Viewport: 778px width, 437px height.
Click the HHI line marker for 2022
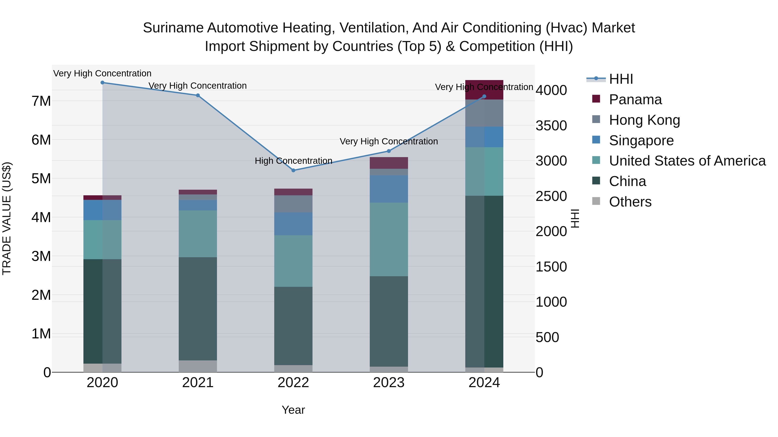tap(293, 170)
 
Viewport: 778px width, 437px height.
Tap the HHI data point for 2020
tap(102, 83)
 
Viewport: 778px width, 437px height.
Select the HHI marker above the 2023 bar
tap(389, 151)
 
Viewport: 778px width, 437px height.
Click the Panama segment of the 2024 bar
tap(484, 90)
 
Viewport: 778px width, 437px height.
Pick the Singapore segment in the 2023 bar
tap(389, 189)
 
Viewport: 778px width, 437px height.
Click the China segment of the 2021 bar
tap(198, 309)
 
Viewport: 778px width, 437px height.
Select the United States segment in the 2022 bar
tap(293, 261)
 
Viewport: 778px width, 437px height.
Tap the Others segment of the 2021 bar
tap(198, 366)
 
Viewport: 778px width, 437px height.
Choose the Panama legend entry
tap(635, 99)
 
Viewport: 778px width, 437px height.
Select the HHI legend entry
tap(621, 79)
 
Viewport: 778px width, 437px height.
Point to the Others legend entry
tap(630, 202)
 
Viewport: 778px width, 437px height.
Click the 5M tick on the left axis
tap(41, 178)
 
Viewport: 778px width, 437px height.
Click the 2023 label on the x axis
tap(389, 383)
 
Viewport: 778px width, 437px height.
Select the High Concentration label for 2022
tap(293, 161)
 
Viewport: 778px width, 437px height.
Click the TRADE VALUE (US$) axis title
tap(7, 218)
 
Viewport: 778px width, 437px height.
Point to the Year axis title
tap(293, 410)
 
